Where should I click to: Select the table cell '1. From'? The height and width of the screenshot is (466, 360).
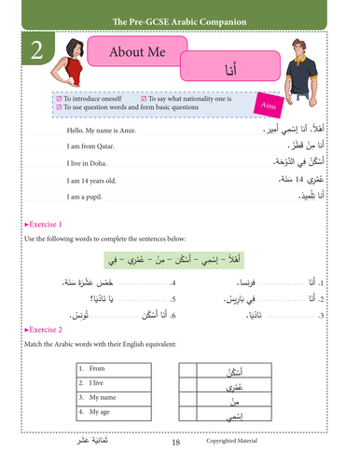[95, 368]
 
